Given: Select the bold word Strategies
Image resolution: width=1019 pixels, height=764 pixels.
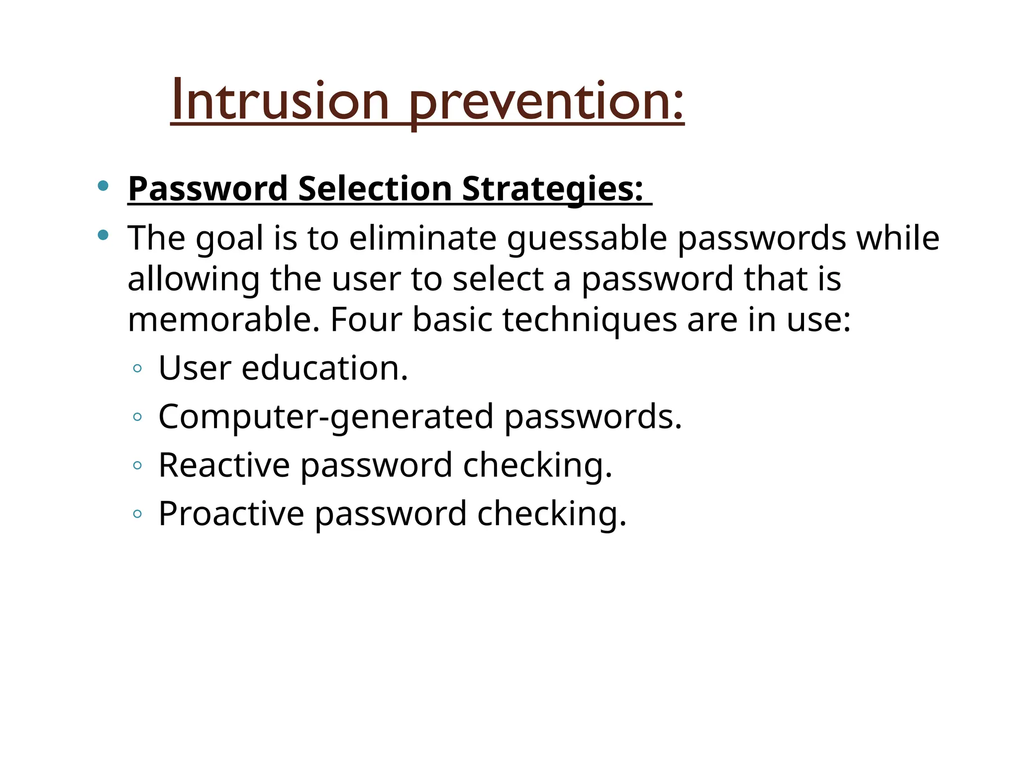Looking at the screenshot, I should [552, 189].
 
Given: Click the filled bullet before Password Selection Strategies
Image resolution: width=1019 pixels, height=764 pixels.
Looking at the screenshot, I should [103, 186].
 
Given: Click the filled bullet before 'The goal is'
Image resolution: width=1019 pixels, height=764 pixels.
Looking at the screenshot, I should [103, 235].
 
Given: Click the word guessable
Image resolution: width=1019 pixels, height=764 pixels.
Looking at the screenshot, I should [587, 239].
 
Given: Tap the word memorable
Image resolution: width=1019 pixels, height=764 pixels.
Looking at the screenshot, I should [223, 319].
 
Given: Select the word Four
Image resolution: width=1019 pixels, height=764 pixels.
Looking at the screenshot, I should [366, 319].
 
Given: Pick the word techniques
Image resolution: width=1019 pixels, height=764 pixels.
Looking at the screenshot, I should [590, 319].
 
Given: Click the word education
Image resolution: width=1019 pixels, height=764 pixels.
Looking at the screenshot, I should [324, 368].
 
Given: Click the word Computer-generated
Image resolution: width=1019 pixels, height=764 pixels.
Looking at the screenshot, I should [326, 417].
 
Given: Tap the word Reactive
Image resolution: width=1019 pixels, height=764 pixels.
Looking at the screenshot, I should [224, 465].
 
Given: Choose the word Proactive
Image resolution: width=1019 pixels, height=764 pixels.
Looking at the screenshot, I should [231, 513].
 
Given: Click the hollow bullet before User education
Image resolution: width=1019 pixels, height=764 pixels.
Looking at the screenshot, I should [138, 369].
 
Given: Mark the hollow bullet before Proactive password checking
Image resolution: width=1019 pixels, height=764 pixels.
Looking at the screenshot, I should [138, 514].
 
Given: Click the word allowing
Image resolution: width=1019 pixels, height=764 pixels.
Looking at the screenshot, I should [194, 280].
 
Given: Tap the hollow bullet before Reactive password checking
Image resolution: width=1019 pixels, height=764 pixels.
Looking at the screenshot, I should [138, 466].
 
